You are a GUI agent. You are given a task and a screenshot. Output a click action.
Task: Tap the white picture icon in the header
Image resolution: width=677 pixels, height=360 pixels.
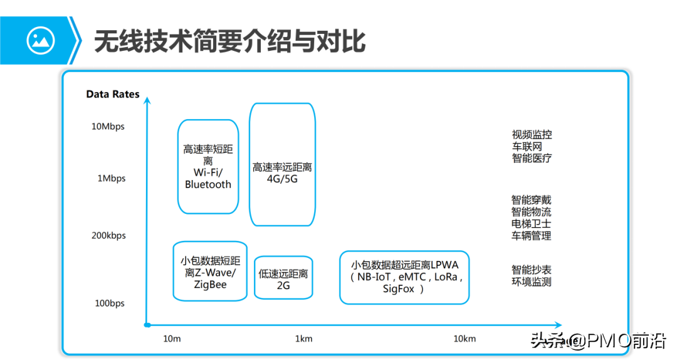[x=41, y=41]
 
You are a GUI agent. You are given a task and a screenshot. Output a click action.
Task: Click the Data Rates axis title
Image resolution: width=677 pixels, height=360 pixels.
[x=113, y=94]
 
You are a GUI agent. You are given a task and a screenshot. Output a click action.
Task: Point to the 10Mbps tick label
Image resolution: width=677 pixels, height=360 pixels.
[x=108, y=127]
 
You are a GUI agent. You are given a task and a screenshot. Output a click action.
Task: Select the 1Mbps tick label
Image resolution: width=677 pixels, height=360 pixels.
[x=111, y=178]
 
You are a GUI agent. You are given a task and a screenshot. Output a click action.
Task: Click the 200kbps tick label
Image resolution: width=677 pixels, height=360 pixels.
[x=108, y=235]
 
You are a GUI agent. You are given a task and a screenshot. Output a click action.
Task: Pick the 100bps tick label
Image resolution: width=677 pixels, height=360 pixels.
[x=110, y=304]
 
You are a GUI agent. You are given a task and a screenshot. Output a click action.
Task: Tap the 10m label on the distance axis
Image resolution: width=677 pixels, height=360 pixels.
[x=172, y=339]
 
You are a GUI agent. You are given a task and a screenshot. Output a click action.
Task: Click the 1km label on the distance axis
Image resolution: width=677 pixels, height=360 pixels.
[x=303, y=339]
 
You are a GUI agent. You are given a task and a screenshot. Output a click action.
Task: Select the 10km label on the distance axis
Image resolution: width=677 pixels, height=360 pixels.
[x=464, y=339]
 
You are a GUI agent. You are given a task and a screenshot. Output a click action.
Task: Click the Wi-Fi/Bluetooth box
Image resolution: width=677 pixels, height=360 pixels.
[x=208, y=166]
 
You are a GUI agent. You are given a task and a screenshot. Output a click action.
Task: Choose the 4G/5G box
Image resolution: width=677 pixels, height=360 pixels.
[x=282, y=164]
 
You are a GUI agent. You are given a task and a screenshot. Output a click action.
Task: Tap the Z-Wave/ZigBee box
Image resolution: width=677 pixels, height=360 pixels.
[x=210, y=271]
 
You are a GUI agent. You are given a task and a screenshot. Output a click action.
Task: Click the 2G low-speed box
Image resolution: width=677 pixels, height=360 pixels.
[x=283, y=277]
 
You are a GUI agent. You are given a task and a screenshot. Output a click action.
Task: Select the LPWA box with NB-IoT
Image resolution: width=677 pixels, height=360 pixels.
[x=404, y=277]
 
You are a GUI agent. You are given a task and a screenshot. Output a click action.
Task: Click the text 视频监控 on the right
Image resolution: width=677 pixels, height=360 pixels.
[x=532, y=135]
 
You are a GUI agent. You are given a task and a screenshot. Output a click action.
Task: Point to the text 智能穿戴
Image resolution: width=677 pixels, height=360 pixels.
[x=531, y=200]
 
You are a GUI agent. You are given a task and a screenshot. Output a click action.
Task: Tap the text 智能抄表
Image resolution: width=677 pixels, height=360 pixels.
[x=531, y=270]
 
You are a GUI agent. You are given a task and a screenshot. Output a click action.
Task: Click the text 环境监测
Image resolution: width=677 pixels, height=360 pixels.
[x=531, y=282]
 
